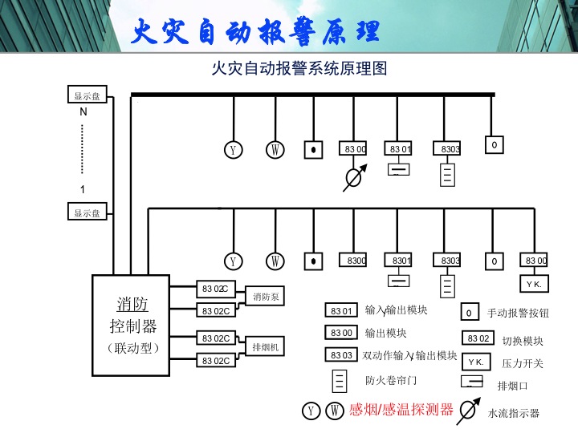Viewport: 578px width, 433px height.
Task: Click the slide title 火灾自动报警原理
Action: coord(254,33)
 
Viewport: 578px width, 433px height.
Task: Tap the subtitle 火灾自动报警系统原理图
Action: coord(299,69)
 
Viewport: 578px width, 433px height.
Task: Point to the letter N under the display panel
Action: coord(83,111)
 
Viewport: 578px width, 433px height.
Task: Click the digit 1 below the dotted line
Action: coord(83,189)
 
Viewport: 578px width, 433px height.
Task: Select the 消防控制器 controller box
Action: coord(132,325)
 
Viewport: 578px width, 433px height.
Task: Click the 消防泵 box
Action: coord(266,297)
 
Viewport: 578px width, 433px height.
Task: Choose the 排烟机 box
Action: coord(266,347)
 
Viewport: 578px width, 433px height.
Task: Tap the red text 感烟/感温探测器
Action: coord(401,410)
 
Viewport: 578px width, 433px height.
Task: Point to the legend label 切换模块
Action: coord(523,341)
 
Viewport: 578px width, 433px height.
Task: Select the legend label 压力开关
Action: coord(523,363)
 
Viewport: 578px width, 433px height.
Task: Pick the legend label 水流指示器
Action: coord(514,414)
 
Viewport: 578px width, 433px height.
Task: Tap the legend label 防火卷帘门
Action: coord(391,380)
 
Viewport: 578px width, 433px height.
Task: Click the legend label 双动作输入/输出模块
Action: coord(410,355)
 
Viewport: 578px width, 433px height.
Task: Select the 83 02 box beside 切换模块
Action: coord(478,338)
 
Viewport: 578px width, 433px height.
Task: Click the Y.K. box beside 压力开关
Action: coord(476,362)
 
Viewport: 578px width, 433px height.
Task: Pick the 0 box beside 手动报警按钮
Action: coord(469,313)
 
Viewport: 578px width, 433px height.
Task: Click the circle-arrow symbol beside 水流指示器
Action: coord(467,411)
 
